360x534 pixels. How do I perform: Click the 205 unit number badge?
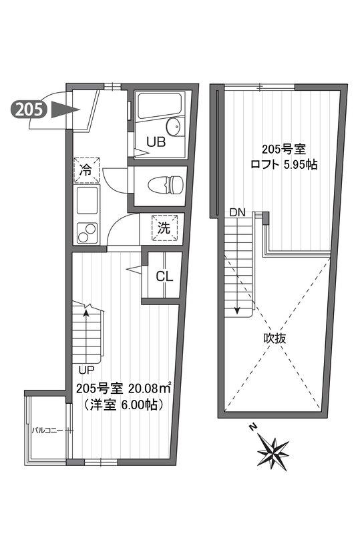[29, 109]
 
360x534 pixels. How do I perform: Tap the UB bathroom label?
[156, 142]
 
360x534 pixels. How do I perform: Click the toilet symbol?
[166, 186]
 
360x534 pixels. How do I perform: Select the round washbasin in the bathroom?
[172, 126]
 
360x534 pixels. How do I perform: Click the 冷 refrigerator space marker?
[86, 170]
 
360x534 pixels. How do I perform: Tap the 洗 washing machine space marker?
[165, 228]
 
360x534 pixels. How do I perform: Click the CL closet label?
[164, 276]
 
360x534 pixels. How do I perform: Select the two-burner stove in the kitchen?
[87, 233]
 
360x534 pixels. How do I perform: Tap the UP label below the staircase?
[86, 369]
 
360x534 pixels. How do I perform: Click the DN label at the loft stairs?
[237, 213]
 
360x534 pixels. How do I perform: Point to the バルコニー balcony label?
[47, 430]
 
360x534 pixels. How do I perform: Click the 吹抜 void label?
[275, 338]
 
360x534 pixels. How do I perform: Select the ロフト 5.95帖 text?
[284, 164]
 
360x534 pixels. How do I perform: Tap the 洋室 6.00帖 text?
[122, 405]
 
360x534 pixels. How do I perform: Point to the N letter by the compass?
[252, 427]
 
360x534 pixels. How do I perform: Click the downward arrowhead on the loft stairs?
[237, 311]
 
